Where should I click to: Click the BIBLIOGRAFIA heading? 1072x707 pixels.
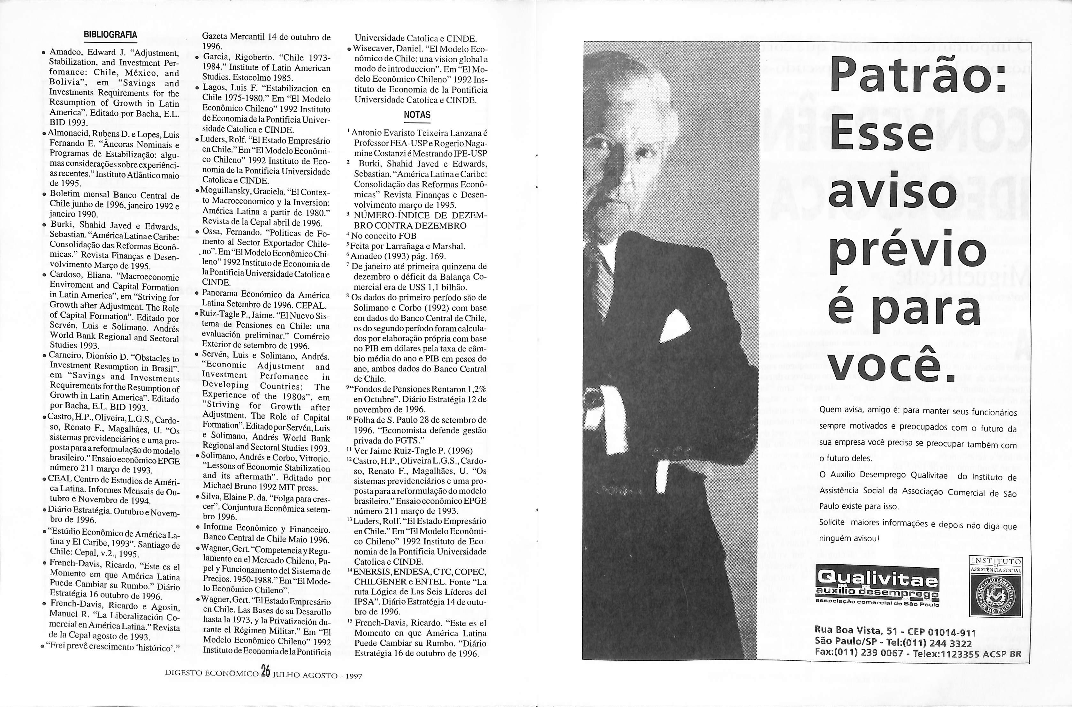pos(110,35)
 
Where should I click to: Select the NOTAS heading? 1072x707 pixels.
pos(417,115)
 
